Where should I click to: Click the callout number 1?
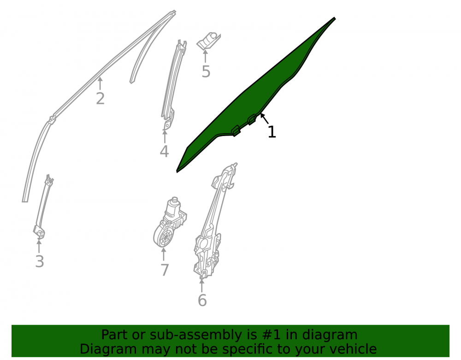tap(272, 132)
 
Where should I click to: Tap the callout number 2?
tap(100, 99)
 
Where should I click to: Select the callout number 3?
tap(40, 261)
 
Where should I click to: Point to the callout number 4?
tap(164, 151)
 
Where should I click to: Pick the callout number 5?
tap(206, 72)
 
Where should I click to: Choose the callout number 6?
tap(202, 300)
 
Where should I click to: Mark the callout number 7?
tap(165, 270)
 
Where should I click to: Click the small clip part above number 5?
tap(208, 41)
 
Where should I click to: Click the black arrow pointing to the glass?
tap(264, 119)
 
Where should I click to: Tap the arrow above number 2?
tap(100, 83)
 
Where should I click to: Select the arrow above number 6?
tap(202, 285)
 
